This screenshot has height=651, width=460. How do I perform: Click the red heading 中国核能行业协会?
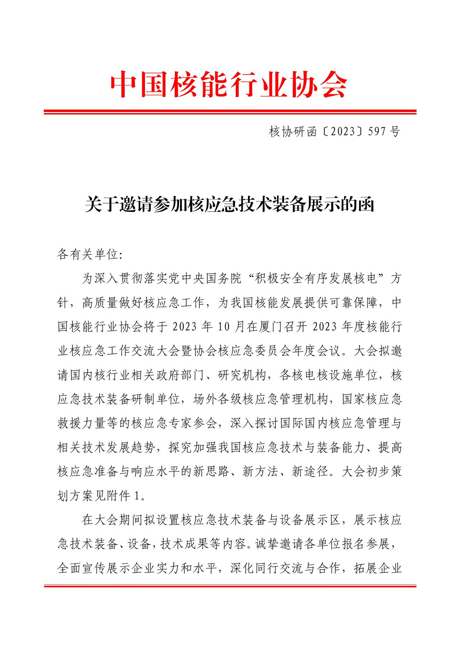point(229,85)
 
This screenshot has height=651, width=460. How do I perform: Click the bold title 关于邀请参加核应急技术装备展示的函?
point(229,205)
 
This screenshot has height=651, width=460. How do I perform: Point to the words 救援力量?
point(81,423)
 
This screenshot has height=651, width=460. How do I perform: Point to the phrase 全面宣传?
point(81,568)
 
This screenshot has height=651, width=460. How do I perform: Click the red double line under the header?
point(230,112)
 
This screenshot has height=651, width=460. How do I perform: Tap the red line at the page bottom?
point(230,586)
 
